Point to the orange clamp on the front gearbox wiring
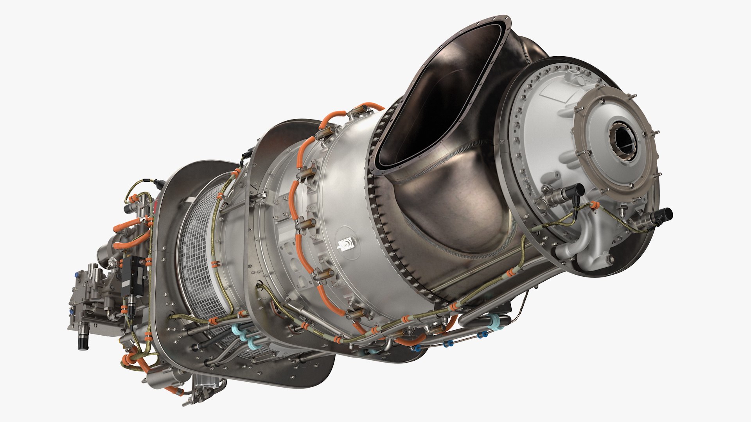pyautogui.click(x=594, y=204)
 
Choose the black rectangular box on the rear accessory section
pyautogui.click(x=129, y=270)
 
